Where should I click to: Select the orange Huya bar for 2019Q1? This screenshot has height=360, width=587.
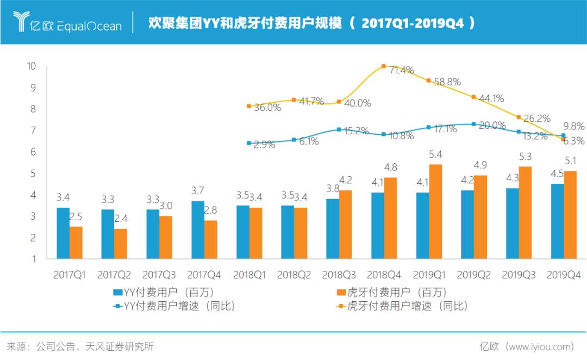(x=436, y=212)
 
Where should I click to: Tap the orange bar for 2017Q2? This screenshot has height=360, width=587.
(x=121, y=244)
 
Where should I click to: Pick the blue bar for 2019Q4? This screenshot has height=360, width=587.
(x=557, y=221)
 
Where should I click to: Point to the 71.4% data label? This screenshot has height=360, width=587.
(x=401, y=70)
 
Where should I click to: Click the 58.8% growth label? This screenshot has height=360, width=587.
(x=447, y=82)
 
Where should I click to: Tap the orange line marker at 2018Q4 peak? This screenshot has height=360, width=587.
(x=384, y=66)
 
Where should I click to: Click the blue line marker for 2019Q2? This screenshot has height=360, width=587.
(x=473, y=124)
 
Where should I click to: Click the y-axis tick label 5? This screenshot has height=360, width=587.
(x=34, y=173)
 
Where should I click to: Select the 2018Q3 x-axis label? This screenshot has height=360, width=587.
(x=339, y=276)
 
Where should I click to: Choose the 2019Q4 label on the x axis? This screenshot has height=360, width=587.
(x=564, y=276)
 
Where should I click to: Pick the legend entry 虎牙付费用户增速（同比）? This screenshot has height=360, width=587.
(x=402, y=306)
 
